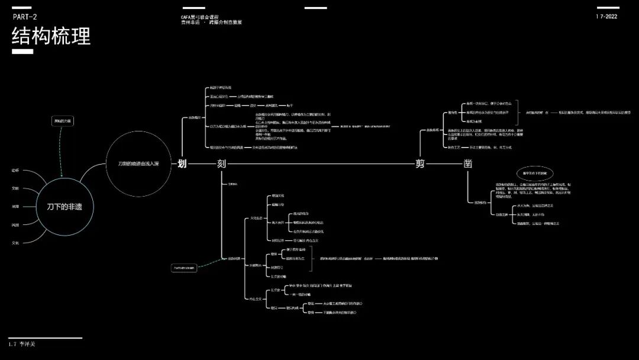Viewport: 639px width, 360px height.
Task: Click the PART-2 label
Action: (x=25, y=17)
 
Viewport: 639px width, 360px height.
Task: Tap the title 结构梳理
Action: (x=51, y=36)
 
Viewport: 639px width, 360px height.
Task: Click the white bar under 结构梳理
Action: (x=22, y=52)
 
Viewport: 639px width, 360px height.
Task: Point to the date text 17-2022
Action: (x=606, y=17)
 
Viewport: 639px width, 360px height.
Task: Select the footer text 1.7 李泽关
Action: (x=22, y=343)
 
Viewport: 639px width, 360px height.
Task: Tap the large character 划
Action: (x=182, y=164)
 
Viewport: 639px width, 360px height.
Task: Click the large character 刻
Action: (x=221, y=164)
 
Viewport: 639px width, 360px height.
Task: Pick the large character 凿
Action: (x=467, y=164)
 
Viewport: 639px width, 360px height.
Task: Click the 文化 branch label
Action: (x=15, y=243)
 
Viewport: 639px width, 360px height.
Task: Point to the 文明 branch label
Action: (x=15, y=188)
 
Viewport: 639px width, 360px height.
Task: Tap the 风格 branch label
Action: (x=15, y=224)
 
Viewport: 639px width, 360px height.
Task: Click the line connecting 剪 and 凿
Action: (x=444, y=164)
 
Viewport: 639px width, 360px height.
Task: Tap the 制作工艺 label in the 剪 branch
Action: (x=456, y=147)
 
